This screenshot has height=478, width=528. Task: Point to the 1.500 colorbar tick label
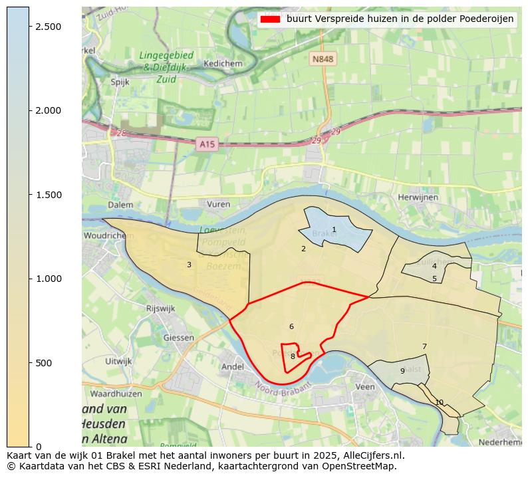point(47,195)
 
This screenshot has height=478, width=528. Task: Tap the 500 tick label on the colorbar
point(44,363)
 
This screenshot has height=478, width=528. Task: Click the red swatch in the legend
point(270,19)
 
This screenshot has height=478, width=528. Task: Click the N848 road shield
point(323,59)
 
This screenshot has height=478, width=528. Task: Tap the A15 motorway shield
point(207,143)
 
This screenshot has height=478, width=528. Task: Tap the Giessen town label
point(179,338)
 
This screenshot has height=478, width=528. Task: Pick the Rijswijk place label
point(160,308)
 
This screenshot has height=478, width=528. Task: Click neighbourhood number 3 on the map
point(189,265)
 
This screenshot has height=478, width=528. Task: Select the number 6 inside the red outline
point(291,326)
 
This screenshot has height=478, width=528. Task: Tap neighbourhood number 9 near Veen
point(402,371)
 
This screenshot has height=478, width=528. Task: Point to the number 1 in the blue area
point(334,230)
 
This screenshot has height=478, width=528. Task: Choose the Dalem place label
point(102,205)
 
